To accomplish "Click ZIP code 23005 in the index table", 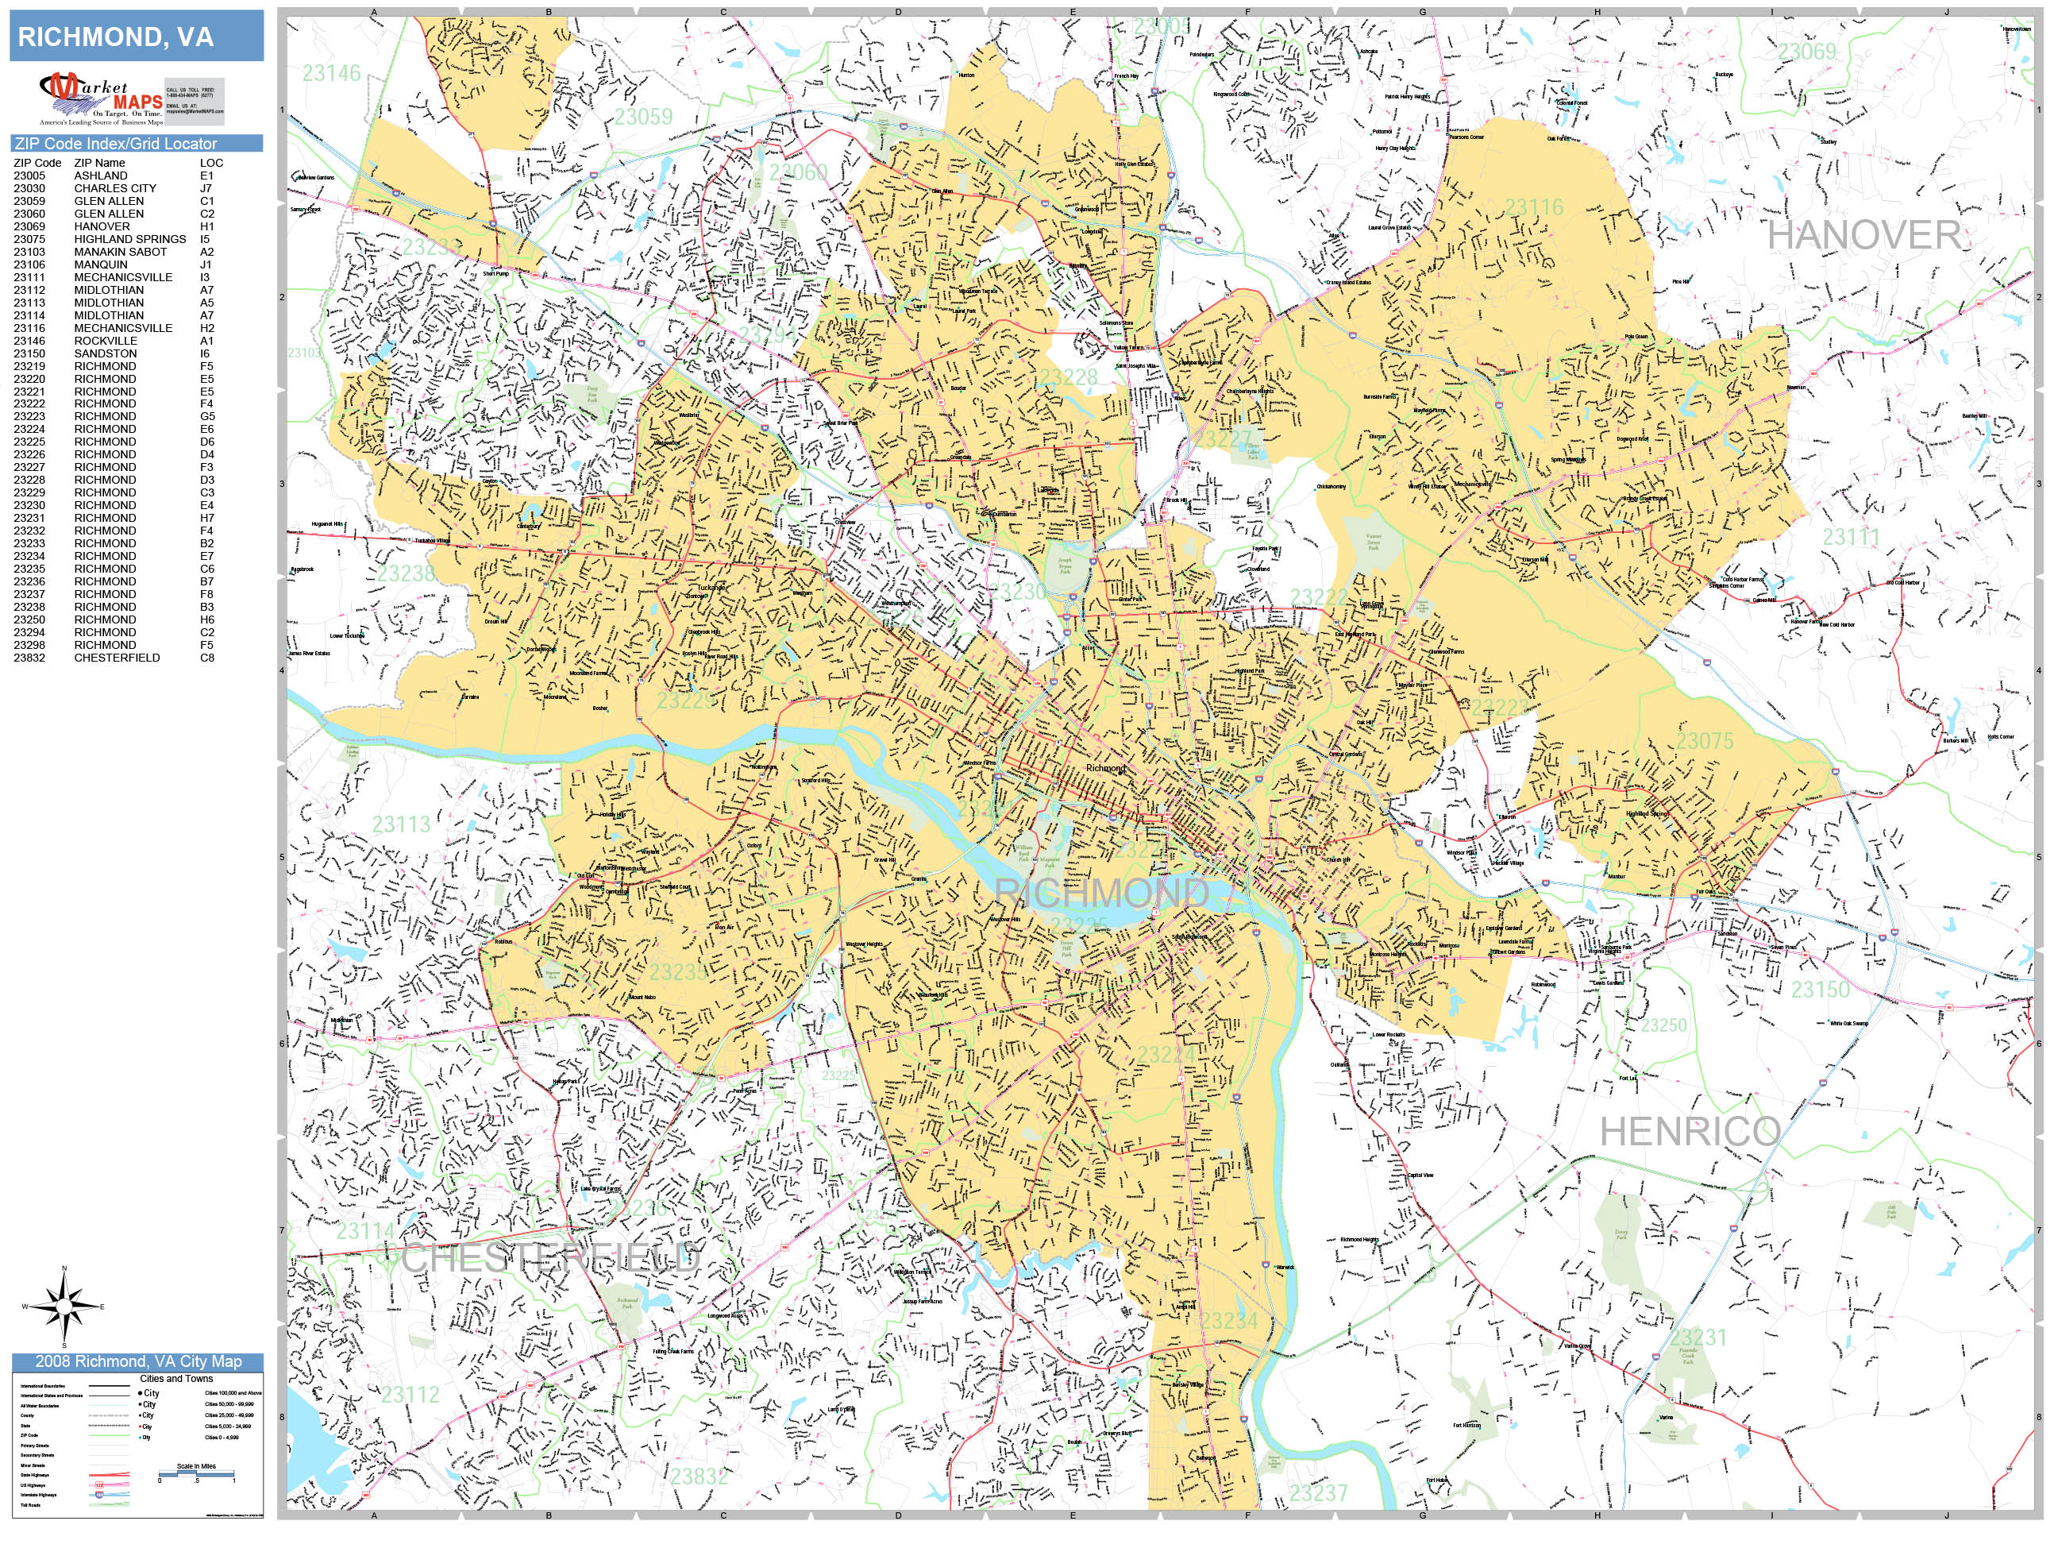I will point(29,175).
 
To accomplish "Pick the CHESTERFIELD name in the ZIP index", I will point(118,657).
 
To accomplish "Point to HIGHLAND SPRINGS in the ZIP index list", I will point(130,239).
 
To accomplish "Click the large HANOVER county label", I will point(1863,235).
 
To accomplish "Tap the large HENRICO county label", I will point(1690,1132).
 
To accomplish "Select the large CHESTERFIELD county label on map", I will point(549,1258).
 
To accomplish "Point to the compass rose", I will point(64,1307).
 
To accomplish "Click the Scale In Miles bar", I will point(196,1473).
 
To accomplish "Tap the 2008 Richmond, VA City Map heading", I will point(137,1361).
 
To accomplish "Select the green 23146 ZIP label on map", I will point(331,72).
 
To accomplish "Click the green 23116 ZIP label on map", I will point(1534,207).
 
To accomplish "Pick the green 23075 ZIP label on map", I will point(1705,741).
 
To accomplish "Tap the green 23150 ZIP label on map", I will point(1821,990).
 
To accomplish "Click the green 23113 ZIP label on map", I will point(401,824).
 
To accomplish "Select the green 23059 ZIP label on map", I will point(643,116).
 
